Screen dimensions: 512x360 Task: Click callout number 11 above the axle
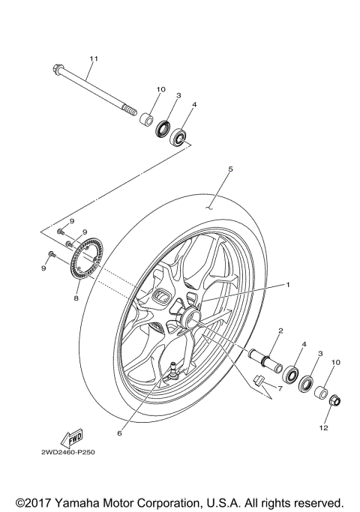(94, 58)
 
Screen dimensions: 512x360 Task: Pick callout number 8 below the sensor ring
(76, 298)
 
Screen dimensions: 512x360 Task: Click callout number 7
(279, 388)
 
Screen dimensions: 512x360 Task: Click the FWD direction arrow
(71, 437)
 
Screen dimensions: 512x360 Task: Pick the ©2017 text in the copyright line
(32, 502)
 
